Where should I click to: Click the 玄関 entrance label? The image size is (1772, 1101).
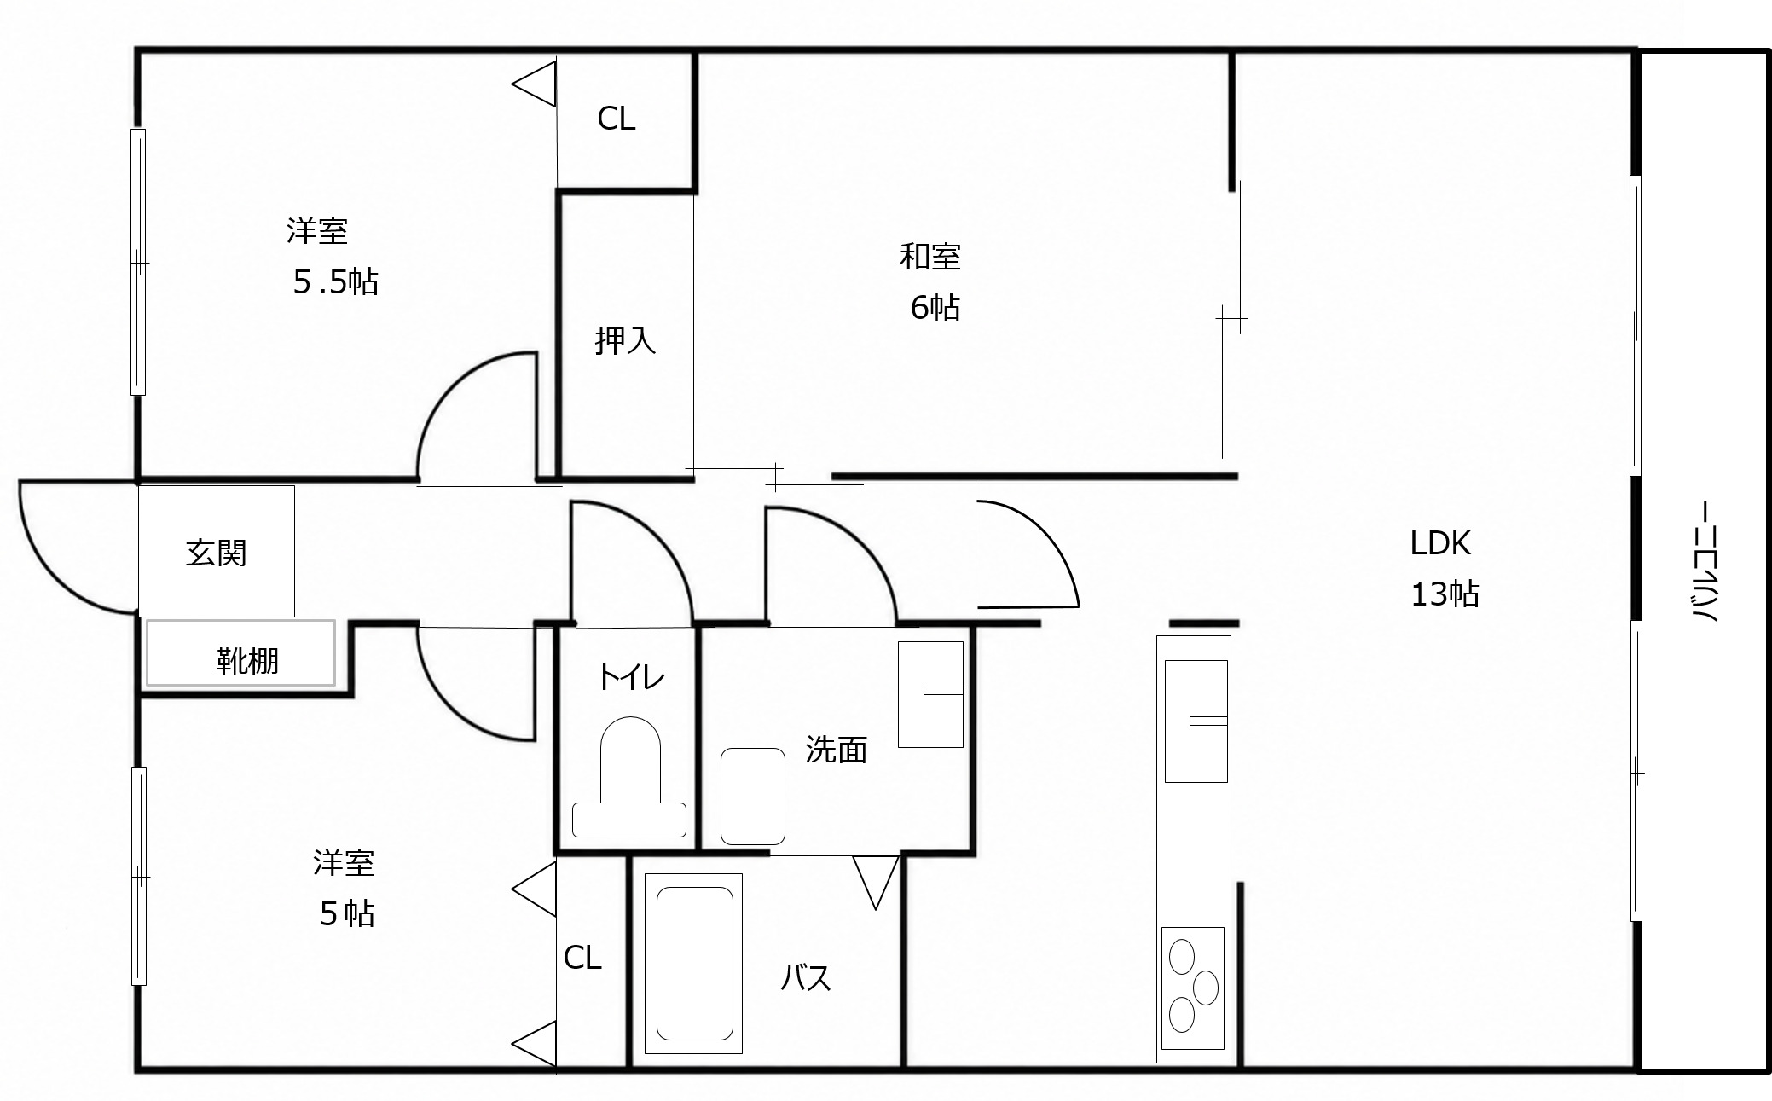click(216, 553)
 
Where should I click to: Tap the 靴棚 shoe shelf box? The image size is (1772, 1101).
click(240, 652)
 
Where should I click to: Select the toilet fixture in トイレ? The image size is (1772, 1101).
click(629, 777)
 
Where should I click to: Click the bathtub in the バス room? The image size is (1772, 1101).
click(694, 963)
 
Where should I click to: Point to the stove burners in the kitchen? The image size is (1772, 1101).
click(1192, 988)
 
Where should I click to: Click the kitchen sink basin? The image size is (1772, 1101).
click(1196, 721)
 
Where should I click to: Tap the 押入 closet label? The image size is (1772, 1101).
click(625, 341)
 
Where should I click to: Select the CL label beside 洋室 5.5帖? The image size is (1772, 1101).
click(617, 119)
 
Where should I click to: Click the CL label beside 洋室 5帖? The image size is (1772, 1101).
click(582, 958)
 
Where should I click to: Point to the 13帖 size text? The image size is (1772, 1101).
click(1445, 594)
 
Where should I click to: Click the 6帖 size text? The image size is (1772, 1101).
click(935, 307)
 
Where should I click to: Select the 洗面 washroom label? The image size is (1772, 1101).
click(836, 750)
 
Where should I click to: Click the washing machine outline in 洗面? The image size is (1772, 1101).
click(752, 797)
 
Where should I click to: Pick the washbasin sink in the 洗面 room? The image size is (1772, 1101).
click(930, 694)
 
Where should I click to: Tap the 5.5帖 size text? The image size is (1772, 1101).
click(336, 281)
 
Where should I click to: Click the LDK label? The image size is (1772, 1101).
click(1440, 543)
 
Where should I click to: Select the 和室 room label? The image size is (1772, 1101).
click(930, 256)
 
